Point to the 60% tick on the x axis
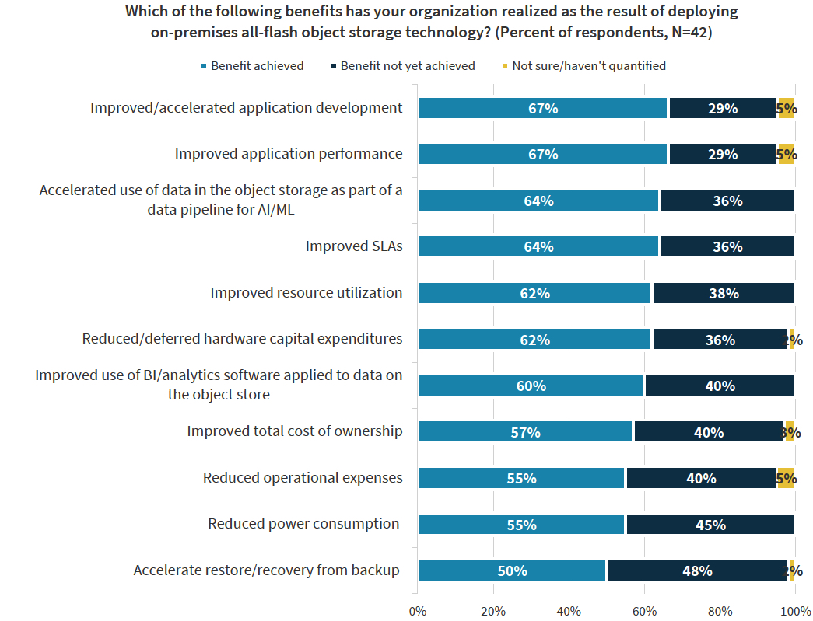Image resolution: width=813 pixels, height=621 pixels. point(644,610)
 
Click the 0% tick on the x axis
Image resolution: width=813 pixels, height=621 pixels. point(418,610)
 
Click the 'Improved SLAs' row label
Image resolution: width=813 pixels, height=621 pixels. point(354,247)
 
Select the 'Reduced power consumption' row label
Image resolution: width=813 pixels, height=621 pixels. point(303,524)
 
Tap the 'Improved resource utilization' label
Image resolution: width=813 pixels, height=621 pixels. point(307,293)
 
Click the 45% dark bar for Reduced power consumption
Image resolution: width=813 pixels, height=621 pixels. point(710,525)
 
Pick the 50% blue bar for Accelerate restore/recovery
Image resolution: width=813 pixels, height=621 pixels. point(512,570)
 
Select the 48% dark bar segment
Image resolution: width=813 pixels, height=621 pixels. point(697,570)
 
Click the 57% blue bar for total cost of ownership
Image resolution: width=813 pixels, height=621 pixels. point(526,432)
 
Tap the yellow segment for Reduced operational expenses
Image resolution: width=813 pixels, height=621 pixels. point(785,478)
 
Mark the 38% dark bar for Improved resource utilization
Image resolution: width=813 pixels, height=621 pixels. point(723,293)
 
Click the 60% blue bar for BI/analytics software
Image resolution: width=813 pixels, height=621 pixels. point(531,386)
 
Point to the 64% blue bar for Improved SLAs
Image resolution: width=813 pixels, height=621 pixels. point(538,247)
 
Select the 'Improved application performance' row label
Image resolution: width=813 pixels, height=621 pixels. point(289,154)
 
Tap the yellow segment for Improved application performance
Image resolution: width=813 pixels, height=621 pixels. point(786,154)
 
